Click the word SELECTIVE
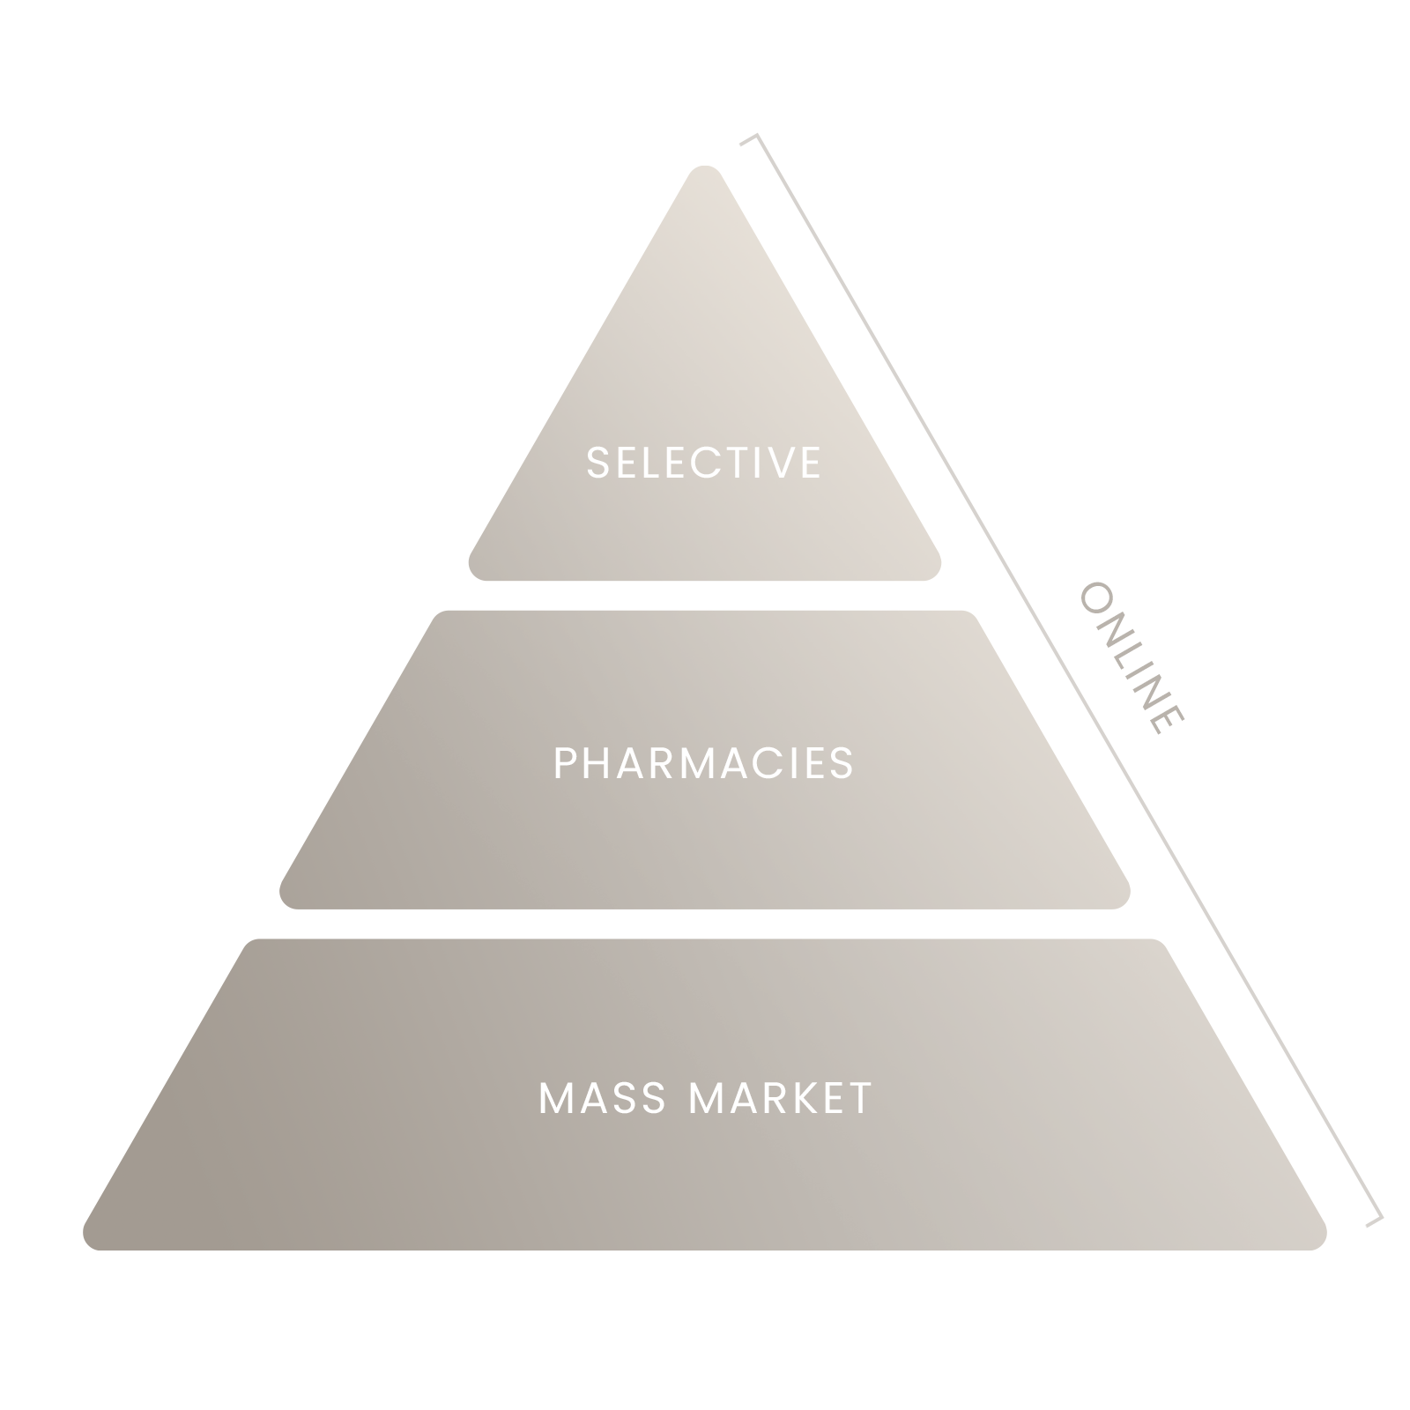(704, 463)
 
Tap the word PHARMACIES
(704, 763)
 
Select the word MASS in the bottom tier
(604, 1099)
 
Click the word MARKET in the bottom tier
(781, 1099)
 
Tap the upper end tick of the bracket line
(748, 138)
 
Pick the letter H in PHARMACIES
(600, 763)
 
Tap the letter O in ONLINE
(1095, 596)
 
